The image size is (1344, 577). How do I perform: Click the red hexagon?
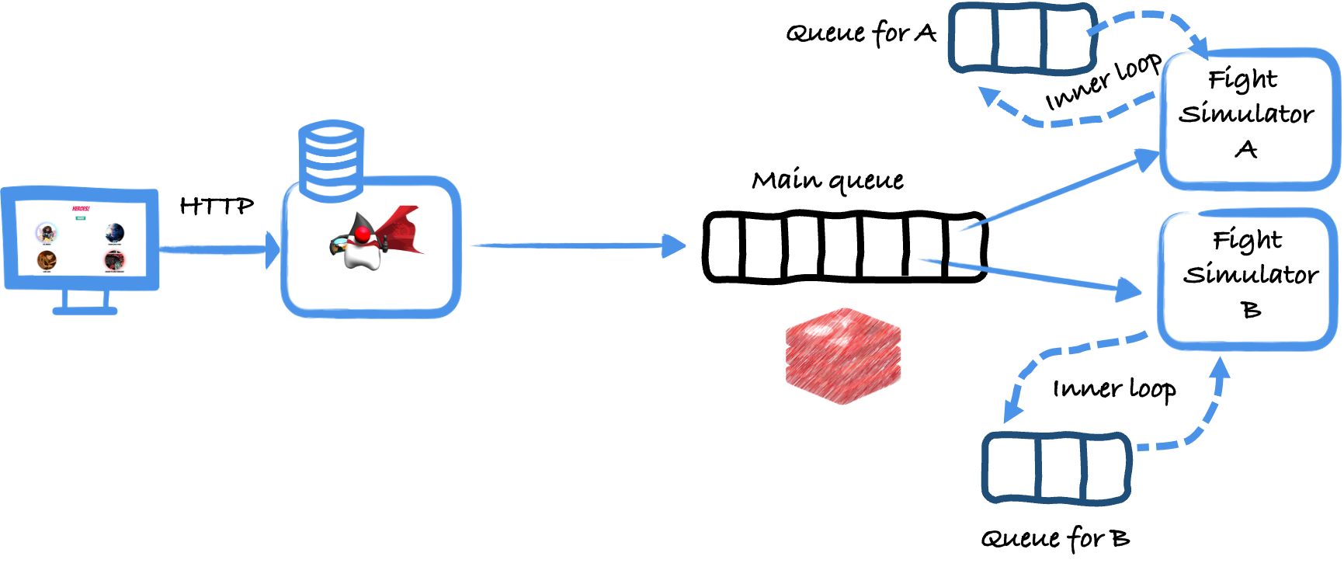[843, 356]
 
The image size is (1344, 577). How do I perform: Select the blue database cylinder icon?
[332, 158]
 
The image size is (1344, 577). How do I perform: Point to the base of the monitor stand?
[85, 310]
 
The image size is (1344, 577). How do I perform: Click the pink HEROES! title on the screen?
[81, 209]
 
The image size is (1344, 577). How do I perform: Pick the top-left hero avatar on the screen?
[47, 231]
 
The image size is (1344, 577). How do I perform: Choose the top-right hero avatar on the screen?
[115, 232]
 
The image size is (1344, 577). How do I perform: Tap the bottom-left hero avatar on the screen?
[47, 259]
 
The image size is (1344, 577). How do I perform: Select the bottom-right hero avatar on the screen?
[115, 259]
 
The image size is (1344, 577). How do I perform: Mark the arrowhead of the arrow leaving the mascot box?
[674, 245]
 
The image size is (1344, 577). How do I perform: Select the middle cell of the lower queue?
[1059, 468]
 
